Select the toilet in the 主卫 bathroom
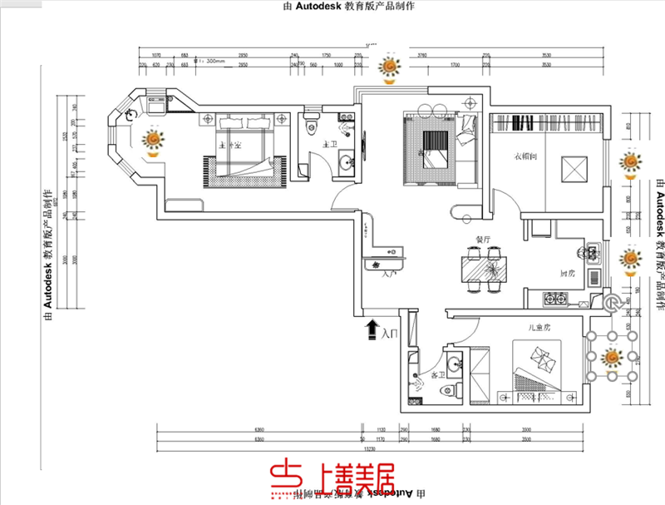tap(311, 126)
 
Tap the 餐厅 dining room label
tap(483, 240)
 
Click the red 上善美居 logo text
tap(332, 478)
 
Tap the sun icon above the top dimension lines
tap(388, 67)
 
